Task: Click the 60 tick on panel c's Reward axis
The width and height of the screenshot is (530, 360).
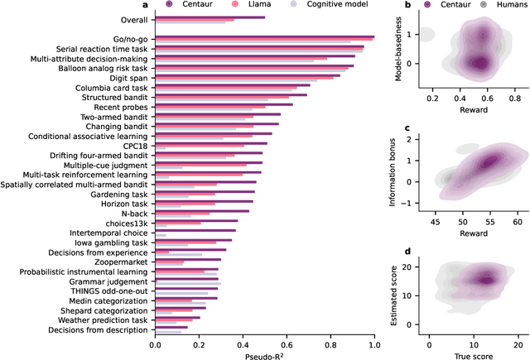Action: click(x=516, y=223)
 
